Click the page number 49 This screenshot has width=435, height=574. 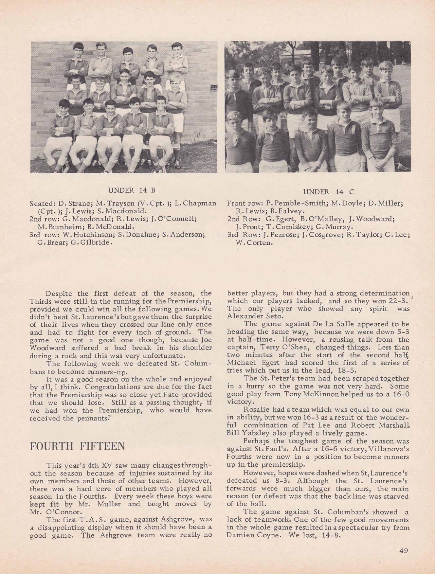(x=403, y=550)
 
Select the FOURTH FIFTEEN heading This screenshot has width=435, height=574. (x=77, y=446)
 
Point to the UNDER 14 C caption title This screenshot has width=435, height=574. (x=329, y=192)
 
